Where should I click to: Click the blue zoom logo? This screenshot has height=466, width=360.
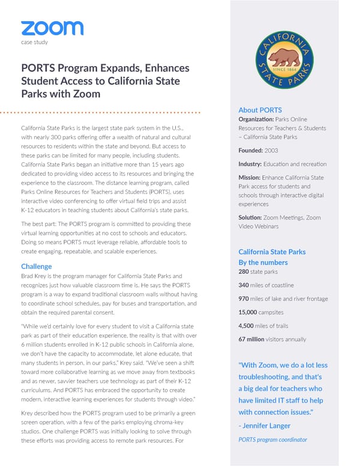52,28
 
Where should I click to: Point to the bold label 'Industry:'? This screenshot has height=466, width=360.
252,164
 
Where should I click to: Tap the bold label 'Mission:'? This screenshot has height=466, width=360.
251,178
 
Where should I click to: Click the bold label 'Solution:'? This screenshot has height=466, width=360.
253,217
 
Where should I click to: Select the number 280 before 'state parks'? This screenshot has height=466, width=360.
245,271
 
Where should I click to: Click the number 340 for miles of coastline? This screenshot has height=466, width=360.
244,285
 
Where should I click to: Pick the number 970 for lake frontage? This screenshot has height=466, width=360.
244,299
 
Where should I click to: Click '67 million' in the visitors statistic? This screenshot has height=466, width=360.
251,339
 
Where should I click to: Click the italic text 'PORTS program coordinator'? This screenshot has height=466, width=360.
272,440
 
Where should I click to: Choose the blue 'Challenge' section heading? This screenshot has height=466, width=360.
36,266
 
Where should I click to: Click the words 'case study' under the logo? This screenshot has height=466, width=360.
34,42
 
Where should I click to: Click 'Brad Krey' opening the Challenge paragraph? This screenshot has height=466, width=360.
35,276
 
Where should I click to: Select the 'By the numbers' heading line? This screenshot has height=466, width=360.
263,262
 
